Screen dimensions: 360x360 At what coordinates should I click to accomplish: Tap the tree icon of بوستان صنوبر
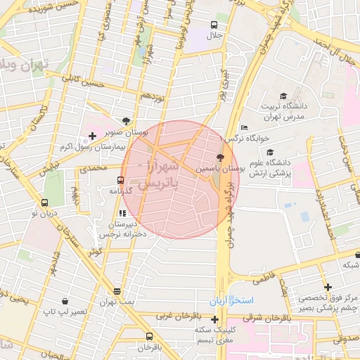tap(126, 121)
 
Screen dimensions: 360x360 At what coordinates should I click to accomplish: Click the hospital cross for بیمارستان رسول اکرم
tap(92, 135)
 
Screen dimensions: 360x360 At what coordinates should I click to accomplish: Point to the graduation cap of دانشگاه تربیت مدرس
tap(283, 96)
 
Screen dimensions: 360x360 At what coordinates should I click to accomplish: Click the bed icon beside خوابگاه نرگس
tap(243, 127)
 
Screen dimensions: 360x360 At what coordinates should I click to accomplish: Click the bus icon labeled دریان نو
tap(45, 205)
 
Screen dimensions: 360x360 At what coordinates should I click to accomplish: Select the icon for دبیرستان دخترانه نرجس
tap(122, 212)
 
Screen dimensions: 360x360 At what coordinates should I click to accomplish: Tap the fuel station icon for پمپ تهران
tap(117, 291)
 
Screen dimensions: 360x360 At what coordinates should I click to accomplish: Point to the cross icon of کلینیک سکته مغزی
tap(215, 320)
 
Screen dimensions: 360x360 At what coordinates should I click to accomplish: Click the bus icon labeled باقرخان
tap(148, 336)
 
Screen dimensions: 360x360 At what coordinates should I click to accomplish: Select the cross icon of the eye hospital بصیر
tap(328, 287)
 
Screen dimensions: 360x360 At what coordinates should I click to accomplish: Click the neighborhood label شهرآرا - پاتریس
tap(157, 176)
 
